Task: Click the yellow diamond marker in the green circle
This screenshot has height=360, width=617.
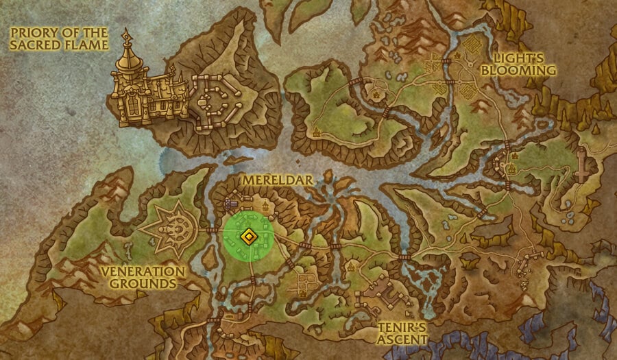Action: point(248,237)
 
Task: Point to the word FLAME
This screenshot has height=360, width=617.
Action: point(88,45)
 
